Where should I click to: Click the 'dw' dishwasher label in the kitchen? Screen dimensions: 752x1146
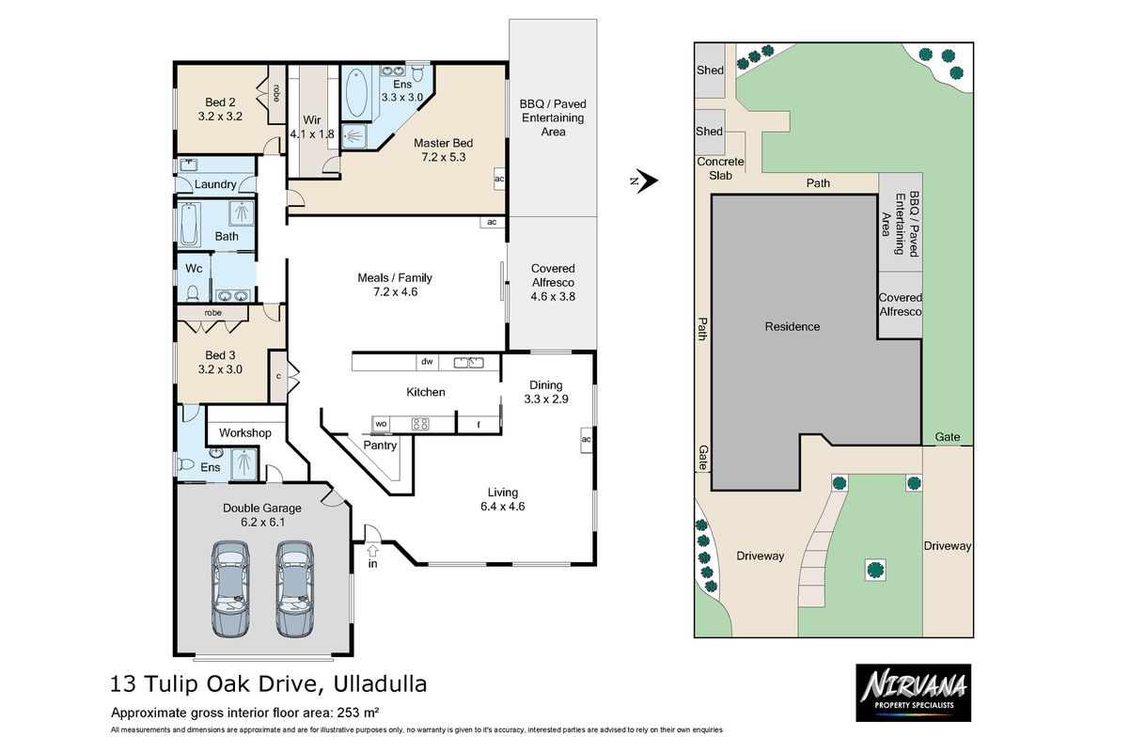pos(426,361)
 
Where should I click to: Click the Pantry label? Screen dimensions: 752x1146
pos(380,446)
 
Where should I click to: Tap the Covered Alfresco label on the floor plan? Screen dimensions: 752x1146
pos(553,282)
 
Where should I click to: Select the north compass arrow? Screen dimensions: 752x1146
pos(644,181)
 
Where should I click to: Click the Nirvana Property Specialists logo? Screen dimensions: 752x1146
pos(912,693)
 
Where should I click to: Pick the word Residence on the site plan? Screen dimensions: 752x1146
pos(792,327)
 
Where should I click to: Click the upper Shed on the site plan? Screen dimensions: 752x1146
pos(710,70)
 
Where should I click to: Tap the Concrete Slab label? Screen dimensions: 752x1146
pos(720,168)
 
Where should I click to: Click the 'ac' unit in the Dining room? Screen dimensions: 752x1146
pos(585,440)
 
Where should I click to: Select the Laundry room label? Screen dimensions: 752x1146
pos(215,184)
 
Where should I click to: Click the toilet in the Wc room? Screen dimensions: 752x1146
pos(193,291)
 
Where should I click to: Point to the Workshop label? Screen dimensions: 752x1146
pos(244,433)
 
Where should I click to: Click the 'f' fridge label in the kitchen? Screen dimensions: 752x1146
pos(479,425)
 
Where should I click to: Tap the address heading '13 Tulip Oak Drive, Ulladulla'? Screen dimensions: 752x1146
pos(268,683)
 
